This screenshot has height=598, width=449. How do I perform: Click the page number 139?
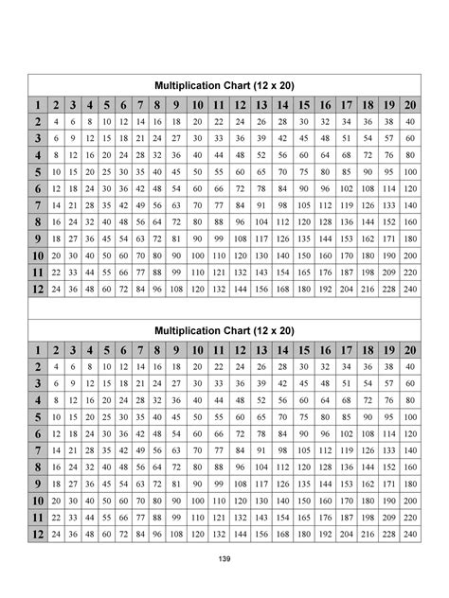[x=224, y=560]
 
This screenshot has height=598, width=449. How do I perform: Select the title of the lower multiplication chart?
[x=224, y=330]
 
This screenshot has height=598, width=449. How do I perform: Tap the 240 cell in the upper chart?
[x=409, y=288]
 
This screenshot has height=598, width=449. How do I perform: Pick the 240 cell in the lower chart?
[x=409, y=534]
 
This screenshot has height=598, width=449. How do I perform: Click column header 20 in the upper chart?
[x=409, y=104]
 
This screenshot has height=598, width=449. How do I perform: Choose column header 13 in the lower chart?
[x=261, y=350]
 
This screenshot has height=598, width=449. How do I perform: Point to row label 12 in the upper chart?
[x=37, y=288]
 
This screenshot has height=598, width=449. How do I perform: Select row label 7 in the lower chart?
[x=37, y=449]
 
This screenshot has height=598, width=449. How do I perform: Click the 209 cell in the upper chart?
[x=388, y=272]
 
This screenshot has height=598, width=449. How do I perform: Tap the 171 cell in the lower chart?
[x=388, y=484]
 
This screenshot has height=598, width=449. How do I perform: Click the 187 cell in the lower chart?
[x=347, y=517]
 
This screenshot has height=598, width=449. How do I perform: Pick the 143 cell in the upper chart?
[x=261, y=272]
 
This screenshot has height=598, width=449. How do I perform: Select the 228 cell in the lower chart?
[x=388, y=534]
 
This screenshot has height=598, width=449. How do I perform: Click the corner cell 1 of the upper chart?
[x=37, y=104]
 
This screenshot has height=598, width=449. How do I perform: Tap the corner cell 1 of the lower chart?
[x=37, y=350]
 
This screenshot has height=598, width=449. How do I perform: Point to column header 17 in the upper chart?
[x=347, y=104]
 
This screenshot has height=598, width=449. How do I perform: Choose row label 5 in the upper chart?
[x=37, y=171]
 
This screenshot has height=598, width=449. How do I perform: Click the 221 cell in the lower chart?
[x=347, y=534]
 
